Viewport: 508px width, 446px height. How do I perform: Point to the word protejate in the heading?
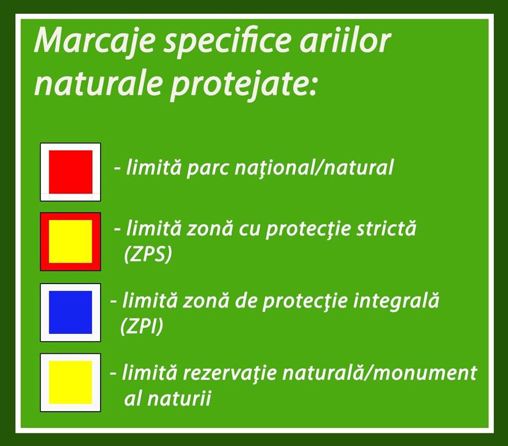(243, 86)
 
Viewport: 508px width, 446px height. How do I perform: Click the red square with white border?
(70, 172)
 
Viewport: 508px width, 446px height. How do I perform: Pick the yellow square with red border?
(70, 242)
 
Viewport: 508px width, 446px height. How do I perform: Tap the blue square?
(70, 312)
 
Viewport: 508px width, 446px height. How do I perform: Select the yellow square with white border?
(70, 383)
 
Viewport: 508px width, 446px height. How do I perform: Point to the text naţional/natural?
(314, 168)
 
